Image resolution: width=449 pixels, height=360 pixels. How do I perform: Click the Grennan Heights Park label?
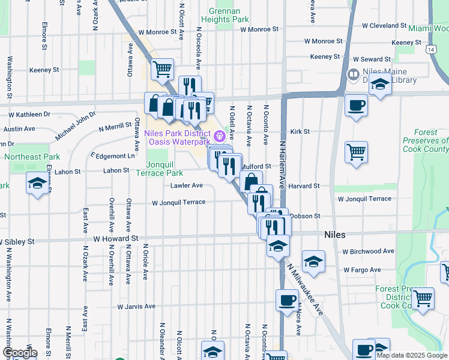tap(228, 15)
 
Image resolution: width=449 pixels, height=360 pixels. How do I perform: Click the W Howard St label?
tap(115, 238)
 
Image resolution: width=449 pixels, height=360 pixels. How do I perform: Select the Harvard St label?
tap(304, 186)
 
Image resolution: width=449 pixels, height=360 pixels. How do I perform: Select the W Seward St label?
tap(372, 59)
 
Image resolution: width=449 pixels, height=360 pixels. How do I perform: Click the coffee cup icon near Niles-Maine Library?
tap(356, 106)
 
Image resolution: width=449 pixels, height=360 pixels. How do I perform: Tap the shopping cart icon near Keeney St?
tap(162, 70)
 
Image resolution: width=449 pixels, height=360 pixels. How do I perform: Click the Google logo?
tap(20, 353)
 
